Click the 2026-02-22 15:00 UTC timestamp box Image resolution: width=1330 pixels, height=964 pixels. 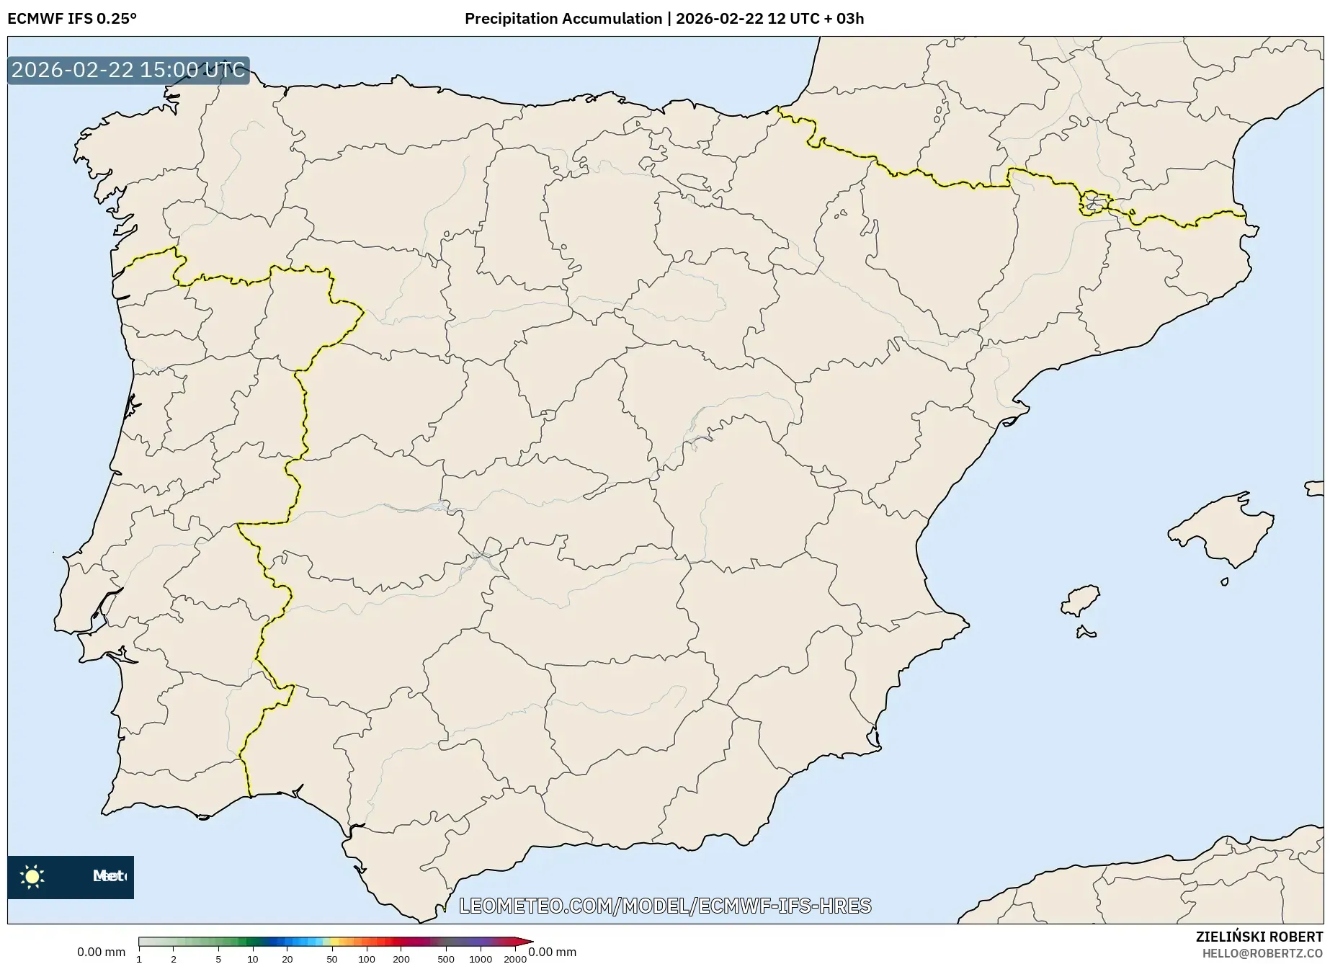pyautogui.click(x=128, y=70)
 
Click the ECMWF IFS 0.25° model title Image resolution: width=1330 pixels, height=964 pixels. pyautogui.click(x=72, y=19)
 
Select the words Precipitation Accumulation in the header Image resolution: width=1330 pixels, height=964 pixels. pyautogui.click(x=563, y=19)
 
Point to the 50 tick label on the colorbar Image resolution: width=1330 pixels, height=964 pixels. pyautogui.click(x=331, y=959)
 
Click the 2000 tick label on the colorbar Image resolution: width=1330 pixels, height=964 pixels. pyautogui.click(x=514, y=959)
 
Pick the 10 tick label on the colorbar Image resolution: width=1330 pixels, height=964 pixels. pyautogui.click(x=252, y=959)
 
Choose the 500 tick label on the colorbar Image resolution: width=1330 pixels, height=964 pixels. pyautogui.click(x=446, y=959)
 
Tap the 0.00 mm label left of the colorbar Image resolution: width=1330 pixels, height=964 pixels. pyautogui.click(x=101, y=952)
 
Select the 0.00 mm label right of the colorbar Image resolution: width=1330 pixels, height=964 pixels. pyautogui.click(x=553, y=952)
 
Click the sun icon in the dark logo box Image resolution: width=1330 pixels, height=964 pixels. pyautogui.click(x=32, y=876)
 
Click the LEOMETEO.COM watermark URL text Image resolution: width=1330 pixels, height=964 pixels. pyautogui.click(x=665, y=906)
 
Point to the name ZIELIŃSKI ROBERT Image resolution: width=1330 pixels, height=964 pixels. pyautogui.click(x=1259, y=937)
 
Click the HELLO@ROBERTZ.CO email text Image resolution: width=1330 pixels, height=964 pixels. pyautogui.click(x=1262, y=953)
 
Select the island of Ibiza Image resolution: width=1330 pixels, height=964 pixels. pyautogui.click(x=1081, y=599)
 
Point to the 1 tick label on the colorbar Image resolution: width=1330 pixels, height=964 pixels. pyautogui.click(x=139, y=959)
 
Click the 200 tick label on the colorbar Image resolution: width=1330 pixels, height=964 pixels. pyautogui.click(x=401, y=959)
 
